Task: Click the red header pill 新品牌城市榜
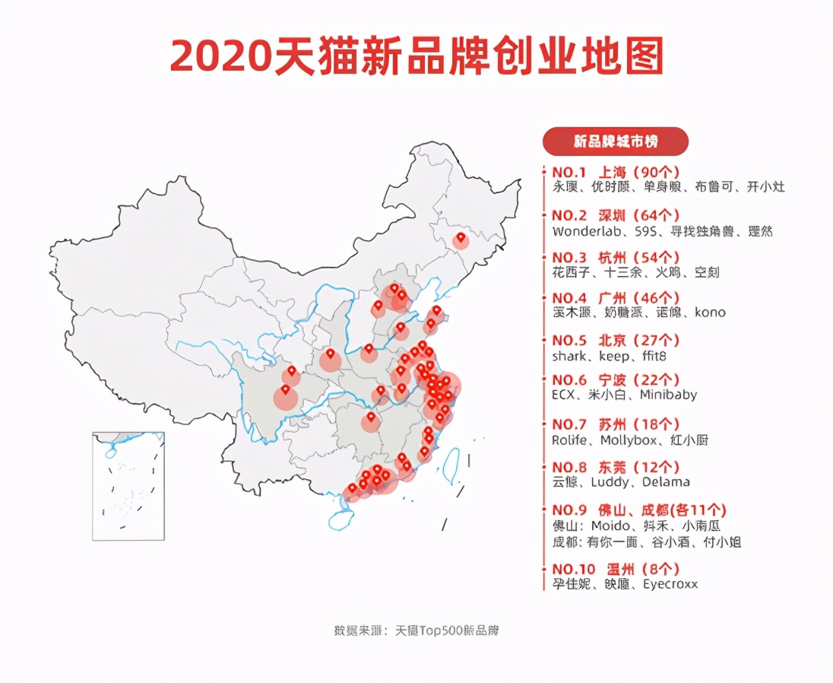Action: click(615, 141)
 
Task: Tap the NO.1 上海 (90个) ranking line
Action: click(616, 172)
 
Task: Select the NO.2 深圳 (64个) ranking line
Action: click(616, 215)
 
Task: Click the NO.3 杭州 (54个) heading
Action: click(616, 257)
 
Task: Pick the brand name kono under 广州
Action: click(709, 312)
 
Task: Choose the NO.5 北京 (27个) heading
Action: click(616, 341)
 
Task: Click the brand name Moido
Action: click(610, 526)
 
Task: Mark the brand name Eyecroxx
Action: click(670, 584)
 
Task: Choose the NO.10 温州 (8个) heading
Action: click(616, 569)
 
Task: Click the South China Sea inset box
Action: click(128, 486)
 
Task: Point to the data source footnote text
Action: click(416, 631)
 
